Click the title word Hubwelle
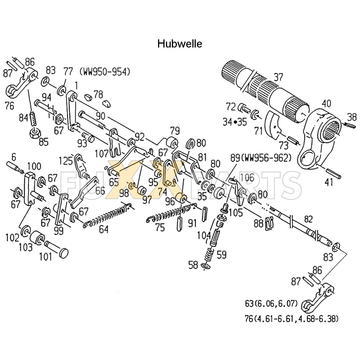(x=179, y=44)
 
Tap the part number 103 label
(x=26, y=247)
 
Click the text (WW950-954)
(x=105, y=72)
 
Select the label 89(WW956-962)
(x=261, y=158)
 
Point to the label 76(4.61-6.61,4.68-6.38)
(x=291, y=319)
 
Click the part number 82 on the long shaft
(x=308, y=219)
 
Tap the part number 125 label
(x=66, y=161)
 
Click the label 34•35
(x=235, y=122)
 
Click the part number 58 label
(x=193, y=265)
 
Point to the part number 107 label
(x=102, y=154)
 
